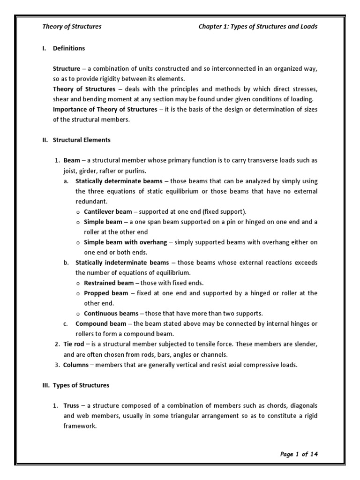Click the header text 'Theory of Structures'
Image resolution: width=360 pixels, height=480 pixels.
pos(72,27)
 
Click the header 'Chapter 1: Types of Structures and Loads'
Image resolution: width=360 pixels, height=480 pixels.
pos(258,27)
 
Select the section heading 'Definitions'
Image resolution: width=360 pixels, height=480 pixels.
pos(69,48)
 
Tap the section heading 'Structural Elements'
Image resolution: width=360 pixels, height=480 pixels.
pos(82,140)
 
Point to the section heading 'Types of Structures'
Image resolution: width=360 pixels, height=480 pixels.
pos(81,385)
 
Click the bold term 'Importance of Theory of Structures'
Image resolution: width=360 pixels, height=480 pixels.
pos(105,109)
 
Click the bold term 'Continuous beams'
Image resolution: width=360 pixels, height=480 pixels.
pos(111,313)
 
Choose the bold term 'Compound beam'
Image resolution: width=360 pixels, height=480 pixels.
pos(101,323)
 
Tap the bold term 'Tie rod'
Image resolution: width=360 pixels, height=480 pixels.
pos(74,344)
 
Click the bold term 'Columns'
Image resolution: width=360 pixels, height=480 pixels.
pos(76,365)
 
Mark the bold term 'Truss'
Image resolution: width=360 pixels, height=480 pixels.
pos(71,405)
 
